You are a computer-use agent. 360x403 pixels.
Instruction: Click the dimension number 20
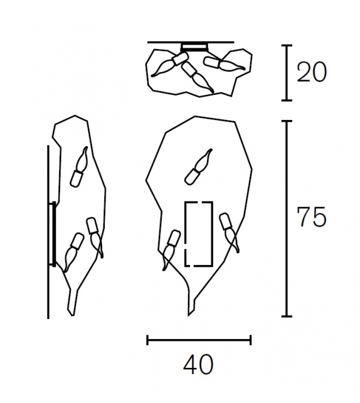(x=312, y=72)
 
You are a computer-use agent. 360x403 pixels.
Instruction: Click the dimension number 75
(x=312, y=217)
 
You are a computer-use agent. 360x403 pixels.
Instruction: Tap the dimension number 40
(x=198, y=365)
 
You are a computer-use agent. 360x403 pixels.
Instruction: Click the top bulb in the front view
(x=198, y=167)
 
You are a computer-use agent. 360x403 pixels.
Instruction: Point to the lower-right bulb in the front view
(x=230, y=231)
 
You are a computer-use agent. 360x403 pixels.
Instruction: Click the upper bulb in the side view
(x=79, y=167)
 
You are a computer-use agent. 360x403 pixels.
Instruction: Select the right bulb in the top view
(x=223, y=64)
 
